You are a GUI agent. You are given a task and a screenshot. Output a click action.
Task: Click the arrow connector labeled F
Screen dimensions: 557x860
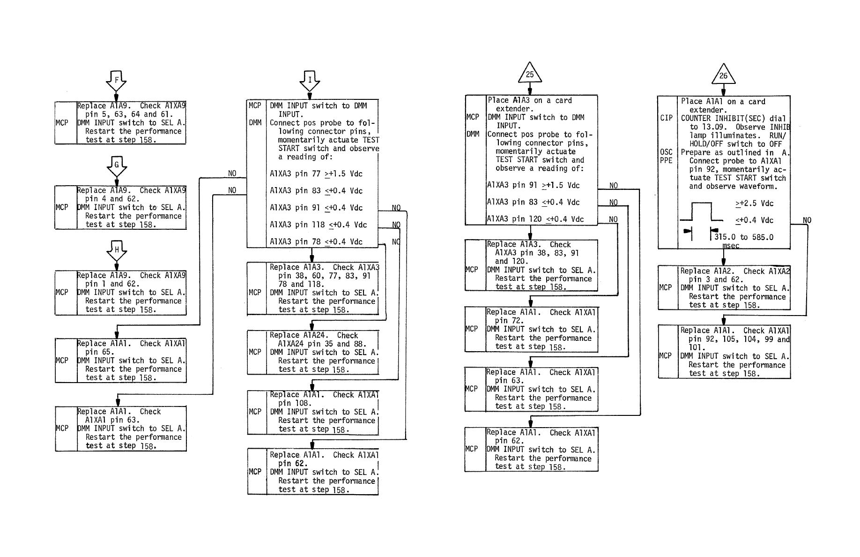pos(116,81)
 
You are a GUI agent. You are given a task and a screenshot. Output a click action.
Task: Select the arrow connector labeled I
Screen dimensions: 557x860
pos(310,81)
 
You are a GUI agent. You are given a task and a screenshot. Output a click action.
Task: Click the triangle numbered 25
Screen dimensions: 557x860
pos(530,74)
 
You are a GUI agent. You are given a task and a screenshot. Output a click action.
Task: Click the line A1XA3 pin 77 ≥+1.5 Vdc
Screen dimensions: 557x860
pos(316,174)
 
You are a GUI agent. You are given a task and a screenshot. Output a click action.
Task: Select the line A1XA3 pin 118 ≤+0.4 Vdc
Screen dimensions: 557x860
pos(318,225)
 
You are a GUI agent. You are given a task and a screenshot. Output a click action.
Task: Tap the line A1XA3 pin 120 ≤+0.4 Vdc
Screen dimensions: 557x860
pos(535,219)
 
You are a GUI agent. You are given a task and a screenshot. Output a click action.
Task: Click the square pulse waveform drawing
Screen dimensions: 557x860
pos(701,216)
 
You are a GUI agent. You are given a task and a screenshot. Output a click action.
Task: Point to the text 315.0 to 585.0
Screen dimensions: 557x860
pos(744,237)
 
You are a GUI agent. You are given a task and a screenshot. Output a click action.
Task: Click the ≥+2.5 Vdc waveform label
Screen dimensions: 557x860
pos(754,203)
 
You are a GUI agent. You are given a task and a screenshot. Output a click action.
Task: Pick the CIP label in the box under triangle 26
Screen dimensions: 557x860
pos(666,118)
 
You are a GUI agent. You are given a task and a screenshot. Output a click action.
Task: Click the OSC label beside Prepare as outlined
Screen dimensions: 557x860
pos(666,152)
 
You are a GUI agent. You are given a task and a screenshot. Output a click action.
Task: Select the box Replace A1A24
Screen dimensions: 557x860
pos(313,352)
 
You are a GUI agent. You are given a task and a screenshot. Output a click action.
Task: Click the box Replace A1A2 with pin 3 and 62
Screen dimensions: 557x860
pos(724,288)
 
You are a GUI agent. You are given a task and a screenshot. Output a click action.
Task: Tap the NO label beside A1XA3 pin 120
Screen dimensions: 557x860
pos(613,219)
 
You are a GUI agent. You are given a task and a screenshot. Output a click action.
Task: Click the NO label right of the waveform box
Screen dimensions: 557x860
pos(807,220)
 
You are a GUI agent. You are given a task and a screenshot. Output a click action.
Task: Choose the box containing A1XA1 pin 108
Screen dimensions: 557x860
pos(313,412)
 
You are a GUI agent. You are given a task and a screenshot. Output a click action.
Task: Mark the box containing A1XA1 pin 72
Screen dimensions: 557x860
pos(531,329)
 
